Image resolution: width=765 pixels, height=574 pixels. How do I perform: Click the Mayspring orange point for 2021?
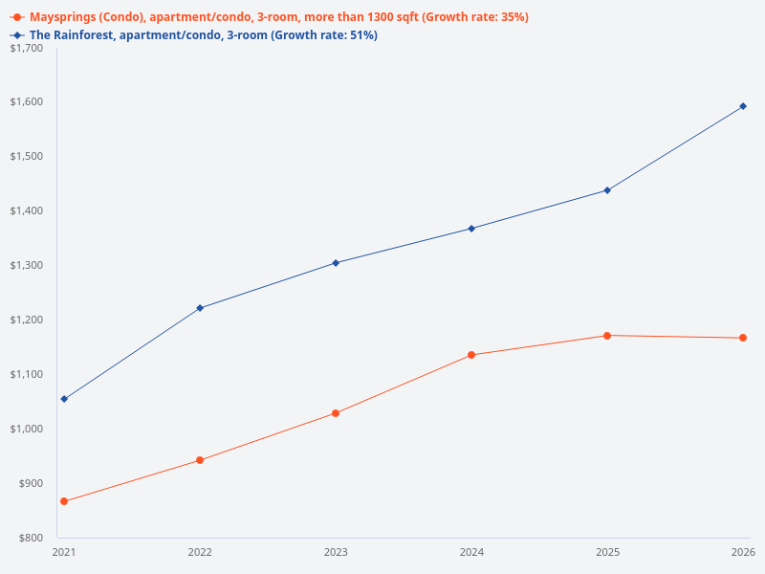[x=64, y=501]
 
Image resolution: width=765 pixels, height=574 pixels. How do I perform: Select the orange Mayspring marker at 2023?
[x=336, y=413]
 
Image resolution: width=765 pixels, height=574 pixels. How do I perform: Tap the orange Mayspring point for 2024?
[x=471, y=355]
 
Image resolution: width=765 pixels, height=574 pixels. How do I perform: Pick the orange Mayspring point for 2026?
[x=743, y=338]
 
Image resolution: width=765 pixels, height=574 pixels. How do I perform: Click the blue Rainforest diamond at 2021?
[x=64, y=399]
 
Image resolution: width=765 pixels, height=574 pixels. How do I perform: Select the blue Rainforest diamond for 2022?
[x=200, y=308]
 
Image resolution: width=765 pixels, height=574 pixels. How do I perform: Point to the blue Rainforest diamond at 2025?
[x=607, y=190]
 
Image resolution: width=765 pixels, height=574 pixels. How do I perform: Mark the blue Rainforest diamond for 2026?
[x=743, y=106]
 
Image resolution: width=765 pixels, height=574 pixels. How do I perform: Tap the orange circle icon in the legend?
[x=17, y=17]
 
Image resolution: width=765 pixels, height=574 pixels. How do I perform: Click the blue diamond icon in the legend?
[x=17, y=35]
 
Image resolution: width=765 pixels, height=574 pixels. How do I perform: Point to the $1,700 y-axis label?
[x=26, y=48]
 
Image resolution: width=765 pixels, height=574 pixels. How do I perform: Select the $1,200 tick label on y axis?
[x=26, y=320]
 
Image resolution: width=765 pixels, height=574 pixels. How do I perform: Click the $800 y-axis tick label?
[x=30, y=538]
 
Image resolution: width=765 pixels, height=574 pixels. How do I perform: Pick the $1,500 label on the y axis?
[x=26, y=156]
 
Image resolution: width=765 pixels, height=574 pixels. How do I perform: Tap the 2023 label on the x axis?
[x=336, y=552]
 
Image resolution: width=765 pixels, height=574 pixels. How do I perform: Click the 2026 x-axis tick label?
[x=743, y=552]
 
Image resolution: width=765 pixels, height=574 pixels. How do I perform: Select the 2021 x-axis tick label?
[x=64, y=552]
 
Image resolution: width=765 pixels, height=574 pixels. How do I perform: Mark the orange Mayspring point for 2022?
[x=200, y=460]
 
